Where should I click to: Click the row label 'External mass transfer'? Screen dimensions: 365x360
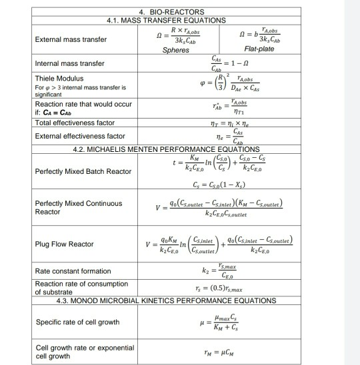coord(71,39)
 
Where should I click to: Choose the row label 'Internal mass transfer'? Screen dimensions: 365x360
coord(70,64)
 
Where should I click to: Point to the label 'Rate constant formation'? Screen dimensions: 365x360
coord(73,271)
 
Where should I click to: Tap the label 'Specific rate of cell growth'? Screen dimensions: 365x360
coord(76,322)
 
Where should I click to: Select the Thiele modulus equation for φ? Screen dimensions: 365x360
coord(220,86)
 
